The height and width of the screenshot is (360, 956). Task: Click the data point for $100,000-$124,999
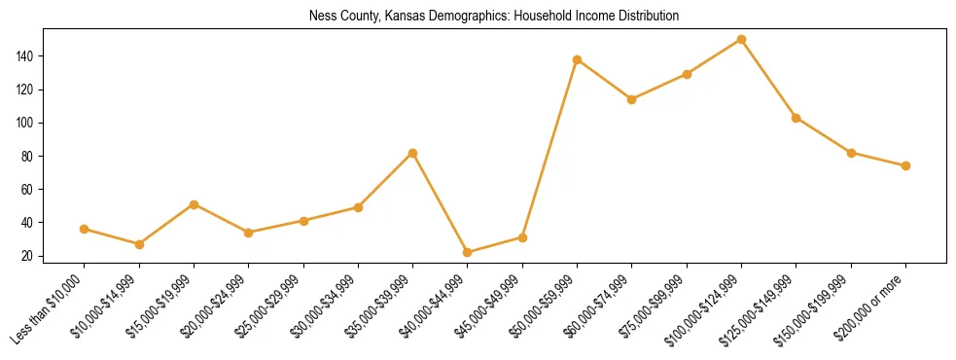click(742, 40)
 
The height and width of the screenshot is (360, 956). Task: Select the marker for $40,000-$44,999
click(468, 252)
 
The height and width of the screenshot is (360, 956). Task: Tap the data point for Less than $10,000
click(85, 229)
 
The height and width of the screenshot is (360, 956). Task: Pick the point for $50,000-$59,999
click(578, 59)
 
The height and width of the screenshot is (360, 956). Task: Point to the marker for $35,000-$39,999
click(413, 153)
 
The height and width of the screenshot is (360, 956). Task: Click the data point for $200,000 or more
click(906, 165)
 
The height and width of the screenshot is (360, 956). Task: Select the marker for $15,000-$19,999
click(195, 204)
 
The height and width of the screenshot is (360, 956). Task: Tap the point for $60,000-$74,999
click(632, 99)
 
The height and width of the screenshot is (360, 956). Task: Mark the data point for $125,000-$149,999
click(797, 118)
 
